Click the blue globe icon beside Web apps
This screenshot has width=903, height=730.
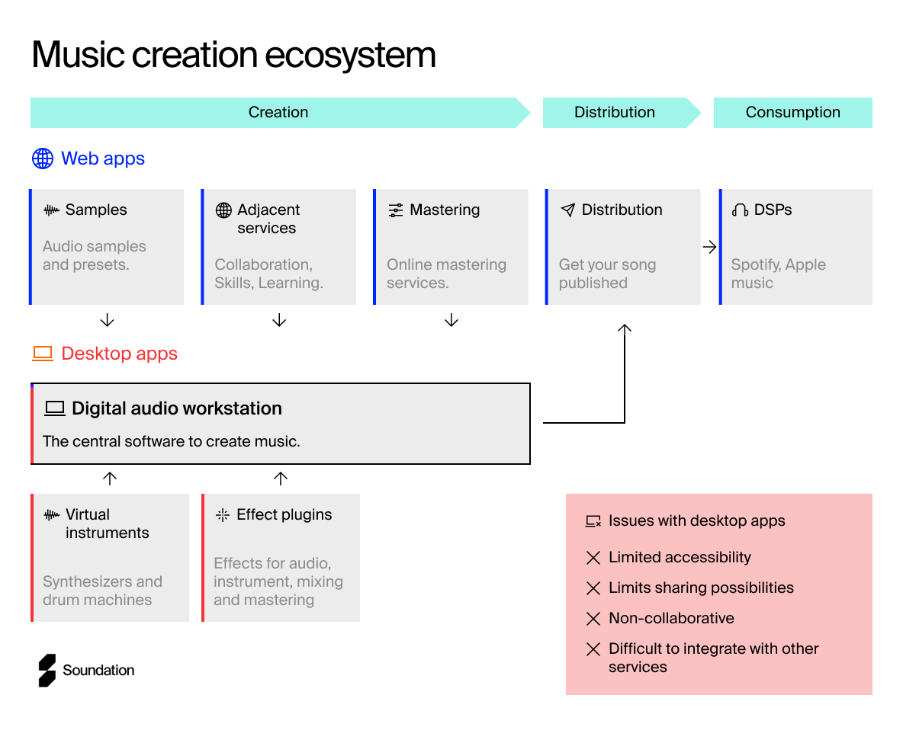pos(43,158)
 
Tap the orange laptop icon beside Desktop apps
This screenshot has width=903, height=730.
pos(43,354)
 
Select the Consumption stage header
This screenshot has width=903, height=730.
pos(793,112)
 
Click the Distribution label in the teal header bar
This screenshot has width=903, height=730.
pos(615,112)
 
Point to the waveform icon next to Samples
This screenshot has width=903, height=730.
pos(51,210)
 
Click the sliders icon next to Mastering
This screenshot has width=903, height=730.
pos(396,210)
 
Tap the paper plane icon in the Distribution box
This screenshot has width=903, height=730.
pos(568,210)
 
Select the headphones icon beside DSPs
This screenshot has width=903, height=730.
pos(740,210)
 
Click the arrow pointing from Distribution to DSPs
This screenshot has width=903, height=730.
pos(709,247)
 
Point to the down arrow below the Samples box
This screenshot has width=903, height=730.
pos(107,320)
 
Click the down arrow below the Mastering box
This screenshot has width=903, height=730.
pos(452,320)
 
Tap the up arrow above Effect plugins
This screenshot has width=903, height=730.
pos(281,479)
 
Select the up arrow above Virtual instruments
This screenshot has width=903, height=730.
pos(110,479)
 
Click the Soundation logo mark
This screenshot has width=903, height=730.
pos(47,670)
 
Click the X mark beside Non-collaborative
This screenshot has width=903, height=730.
pos(593,619)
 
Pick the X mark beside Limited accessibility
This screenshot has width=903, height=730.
pos(593,558)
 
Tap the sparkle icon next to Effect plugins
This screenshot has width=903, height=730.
pos(222,515)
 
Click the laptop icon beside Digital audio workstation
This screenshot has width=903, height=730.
pos(55,408)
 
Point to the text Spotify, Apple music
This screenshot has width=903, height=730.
pos(779,274)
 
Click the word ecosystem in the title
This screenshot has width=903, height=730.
pos(350,56)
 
